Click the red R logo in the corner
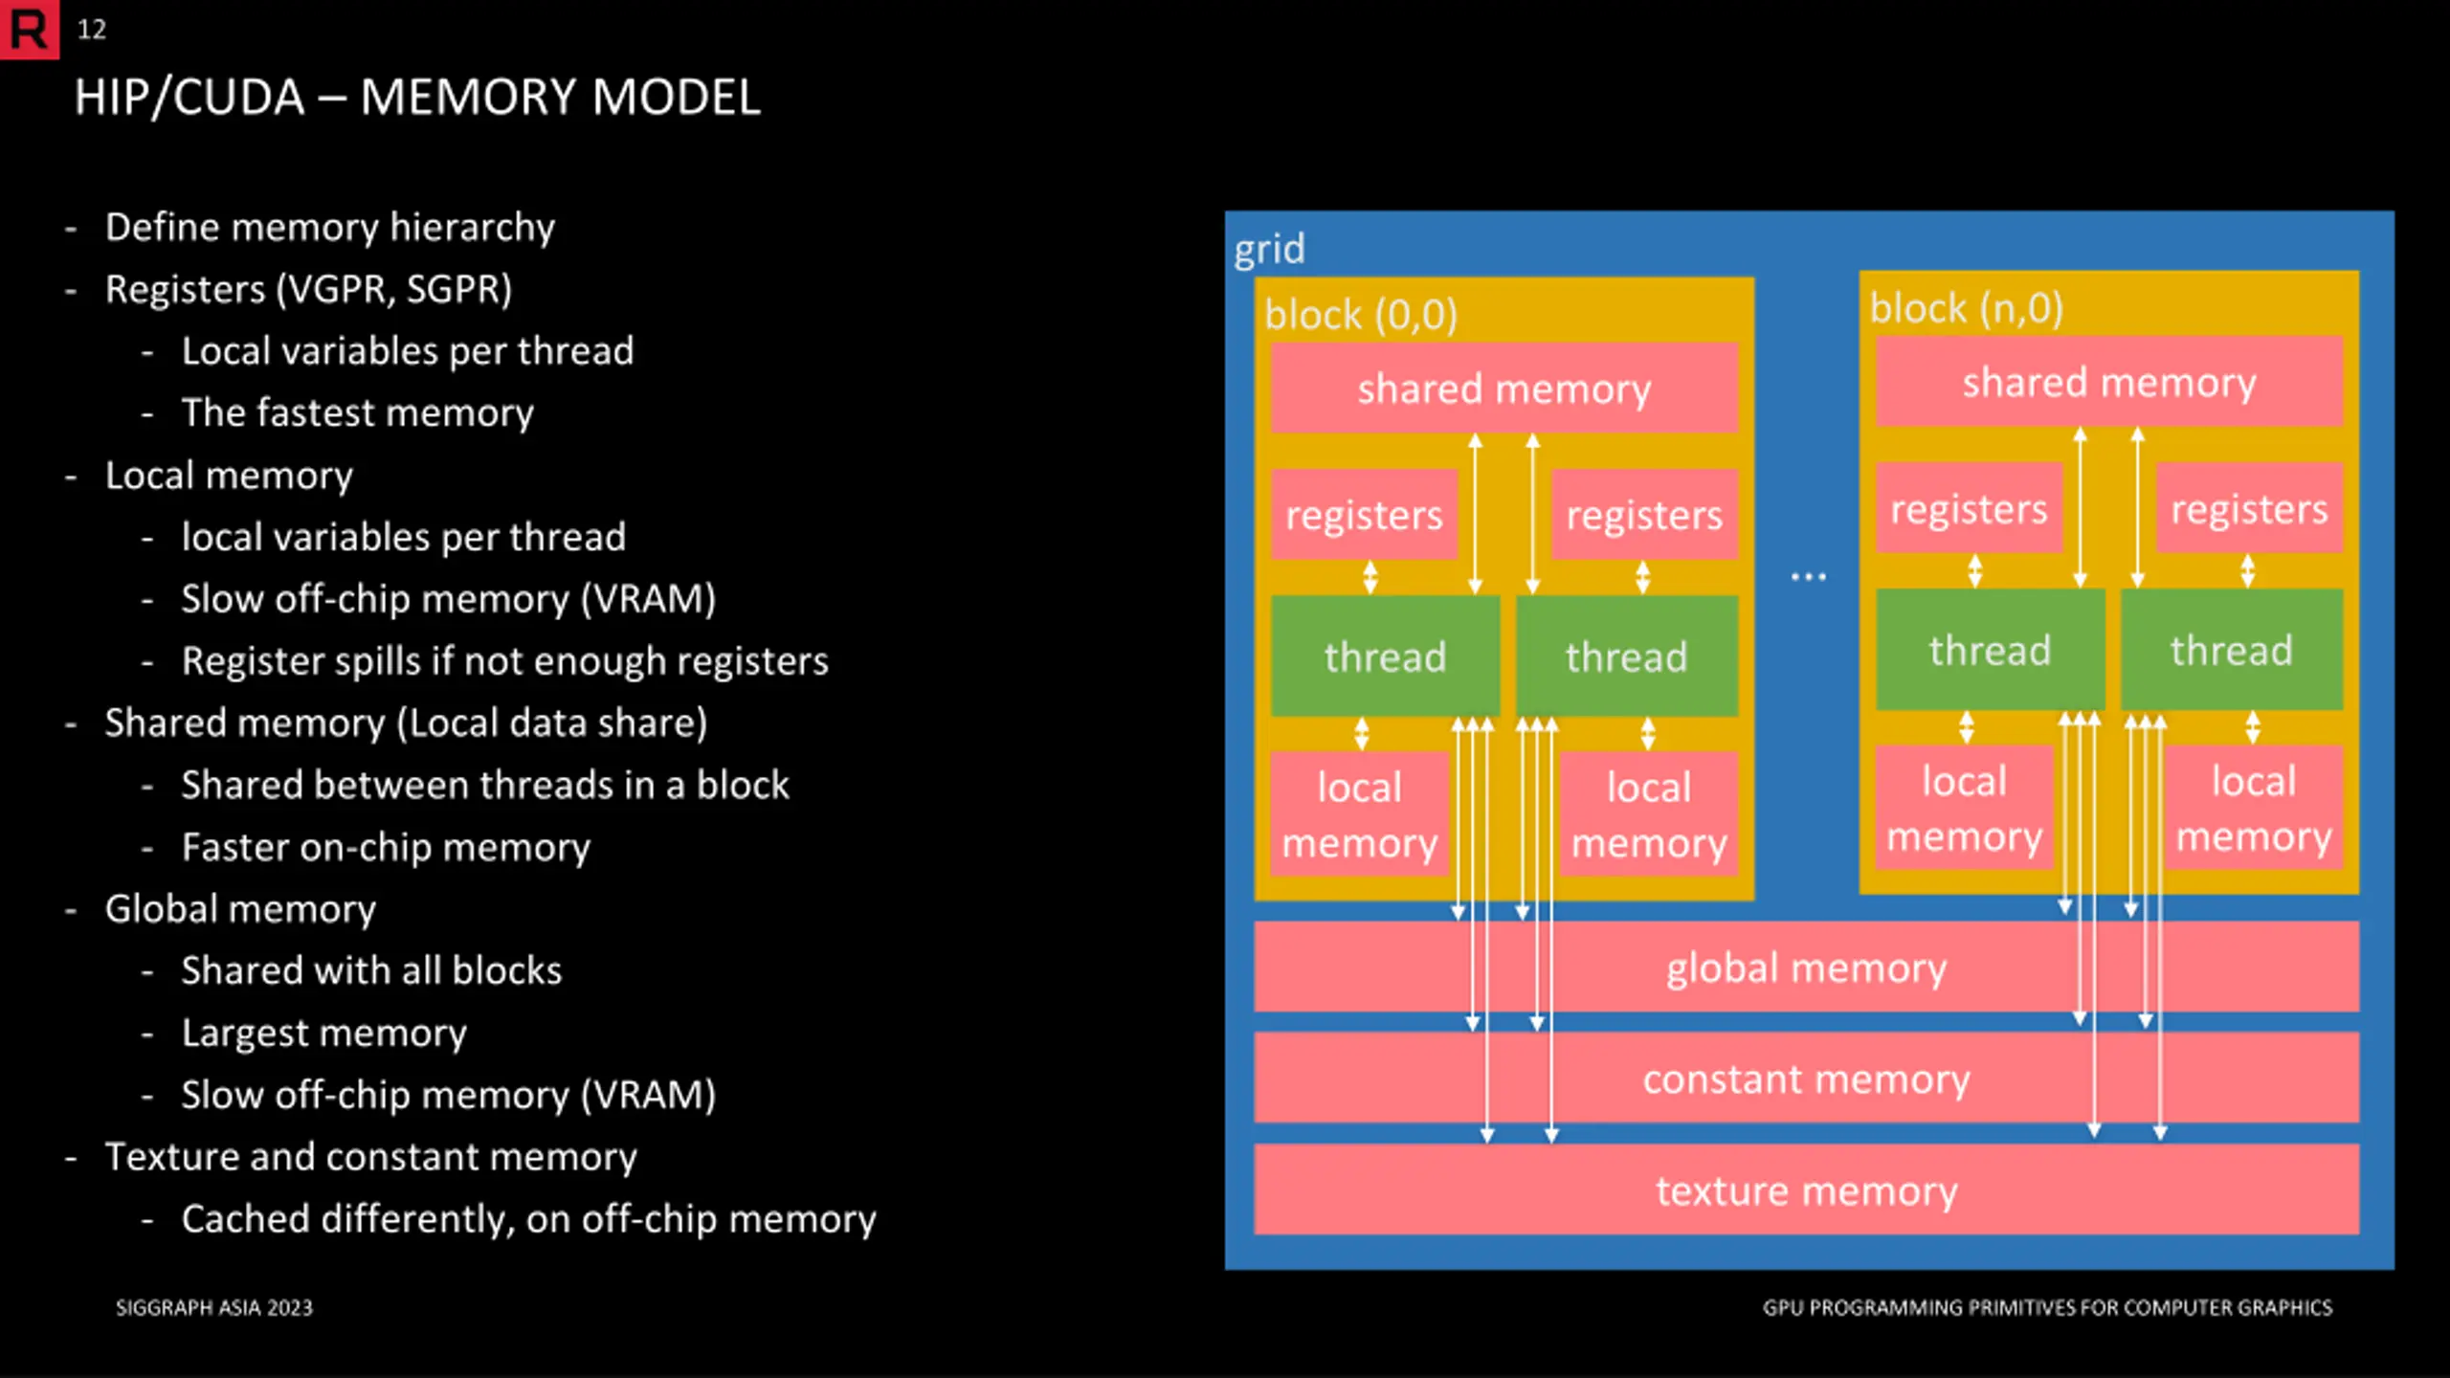(x=29, y=29)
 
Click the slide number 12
(x=92, y=30)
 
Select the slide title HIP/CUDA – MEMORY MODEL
(x=417, y=98)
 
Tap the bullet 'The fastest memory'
(x=358, y=413)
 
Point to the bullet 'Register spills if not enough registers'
(x=505, y=661)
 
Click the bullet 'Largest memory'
(x=324, y=1033)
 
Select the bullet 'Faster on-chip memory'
(x=387, y=848)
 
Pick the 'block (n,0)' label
(x=1967, y=308)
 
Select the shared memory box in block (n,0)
(x=2109, y=382)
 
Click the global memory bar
(x=1807, y=967)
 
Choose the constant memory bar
(x=1807, y=1078)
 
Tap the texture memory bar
(x=1807, y=1189)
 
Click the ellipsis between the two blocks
(x=1808, y=577)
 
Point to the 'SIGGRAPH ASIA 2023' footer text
(x=214, y=1308)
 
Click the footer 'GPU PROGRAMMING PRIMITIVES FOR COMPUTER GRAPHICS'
(x=2048, y=1308)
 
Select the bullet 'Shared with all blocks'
(x=372, y=971)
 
